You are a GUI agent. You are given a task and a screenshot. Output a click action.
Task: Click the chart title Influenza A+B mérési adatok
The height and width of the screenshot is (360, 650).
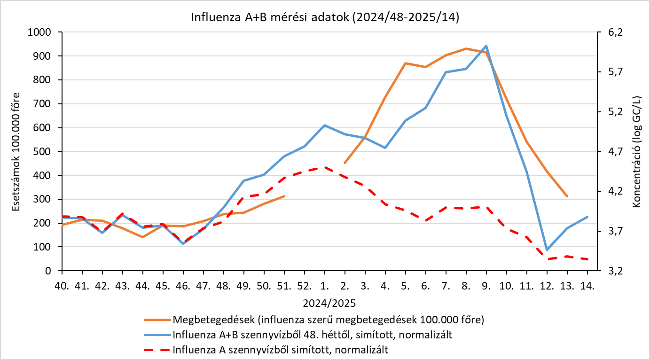[325, 17]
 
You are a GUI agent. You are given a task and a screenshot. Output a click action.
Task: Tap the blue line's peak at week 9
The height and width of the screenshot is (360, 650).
[486, 46]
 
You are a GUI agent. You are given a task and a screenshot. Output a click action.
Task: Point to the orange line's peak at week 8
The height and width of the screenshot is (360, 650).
[466, 48]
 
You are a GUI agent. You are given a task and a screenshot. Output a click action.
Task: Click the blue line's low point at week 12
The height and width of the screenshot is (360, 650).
[547, 250]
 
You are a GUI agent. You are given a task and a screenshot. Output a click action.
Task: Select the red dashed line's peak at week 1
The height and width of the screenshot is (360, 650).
[325, 167]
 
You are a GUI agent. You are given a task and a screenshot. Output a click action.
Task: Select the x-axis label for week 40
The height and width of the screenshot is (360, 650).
[62, 285]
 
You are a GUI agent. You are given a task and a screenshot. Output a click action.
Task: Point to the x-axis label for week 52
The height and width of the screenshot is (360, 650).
[305, 285]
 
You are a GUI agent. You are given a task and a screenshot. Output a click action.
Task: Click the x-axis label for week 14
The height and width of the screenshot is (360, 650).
[587, 285]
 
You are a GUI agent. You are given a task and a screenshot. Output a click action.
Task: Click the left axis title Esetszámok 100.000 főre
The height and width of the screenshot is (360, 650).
[16, 151]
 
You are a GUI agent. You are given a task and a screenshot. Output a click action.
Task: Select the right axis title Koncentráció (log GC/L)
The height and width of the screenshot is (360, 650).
[637, 151]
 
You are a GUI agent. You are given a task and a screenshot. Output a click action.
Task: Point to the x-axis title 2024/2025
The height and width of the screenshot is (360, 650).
[325, 301]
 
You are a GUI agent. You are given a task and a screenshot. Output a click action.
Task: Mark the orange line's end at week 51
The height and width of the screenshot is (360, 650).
[284, 196]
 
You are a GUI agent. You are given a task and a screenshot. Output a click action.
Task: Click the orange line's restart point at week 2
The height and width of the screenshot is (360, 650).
[345, 163]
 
